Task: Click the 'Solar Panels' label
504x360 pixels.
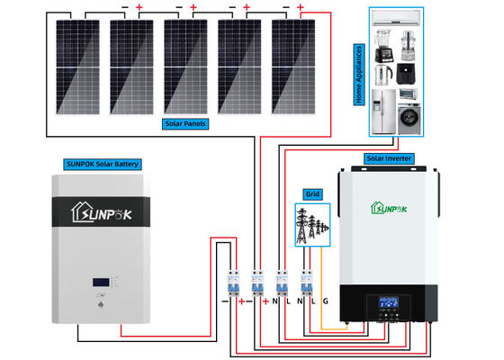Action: tap(184, 122)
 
